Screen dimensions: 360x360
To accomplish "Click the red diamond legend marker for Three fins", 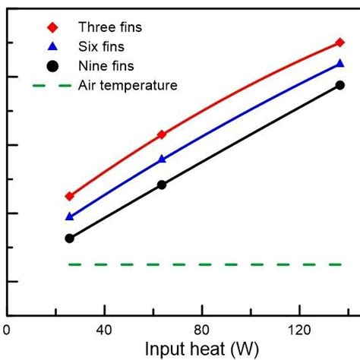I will (52, 27).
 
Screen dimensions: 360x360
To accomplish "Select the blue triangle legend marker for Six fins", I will (52, 46).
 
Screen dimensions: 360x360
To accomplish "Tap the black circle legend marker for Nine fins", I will (52, 66).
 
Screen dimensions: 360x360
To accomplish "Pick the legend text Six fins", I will (103, 46).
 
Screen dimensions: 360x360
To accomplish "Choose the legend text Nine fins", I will (106, 66).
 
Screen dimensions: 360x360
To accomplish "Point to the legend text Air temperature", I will (128, 85).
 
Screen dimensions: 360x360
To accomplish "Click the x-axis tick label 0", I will (7, 330).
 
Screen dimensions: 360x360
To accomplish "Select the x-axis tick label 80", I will (201, 330).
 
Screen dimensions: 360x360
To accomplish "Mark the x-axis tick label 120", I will (299, 330).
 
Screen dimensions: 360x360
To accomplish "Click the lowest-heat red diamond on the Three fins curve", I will (70, 196).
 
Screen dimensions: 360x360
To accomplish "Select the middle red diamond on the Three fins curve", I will (162, 134).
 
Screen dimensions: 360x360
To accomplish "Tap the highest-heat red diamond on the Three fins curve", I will (339, 43).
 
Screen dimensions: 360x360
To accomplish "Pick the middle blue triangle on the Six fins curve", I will (162, 159).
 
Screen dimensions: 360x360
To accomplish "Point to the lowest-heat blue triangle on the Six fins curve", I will (70, 216).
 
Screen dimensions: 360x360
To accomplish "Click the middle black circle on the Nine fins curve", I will (162, 185).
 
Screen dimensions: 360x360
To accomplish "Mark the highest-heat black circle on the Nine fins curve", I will (339, 85).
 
